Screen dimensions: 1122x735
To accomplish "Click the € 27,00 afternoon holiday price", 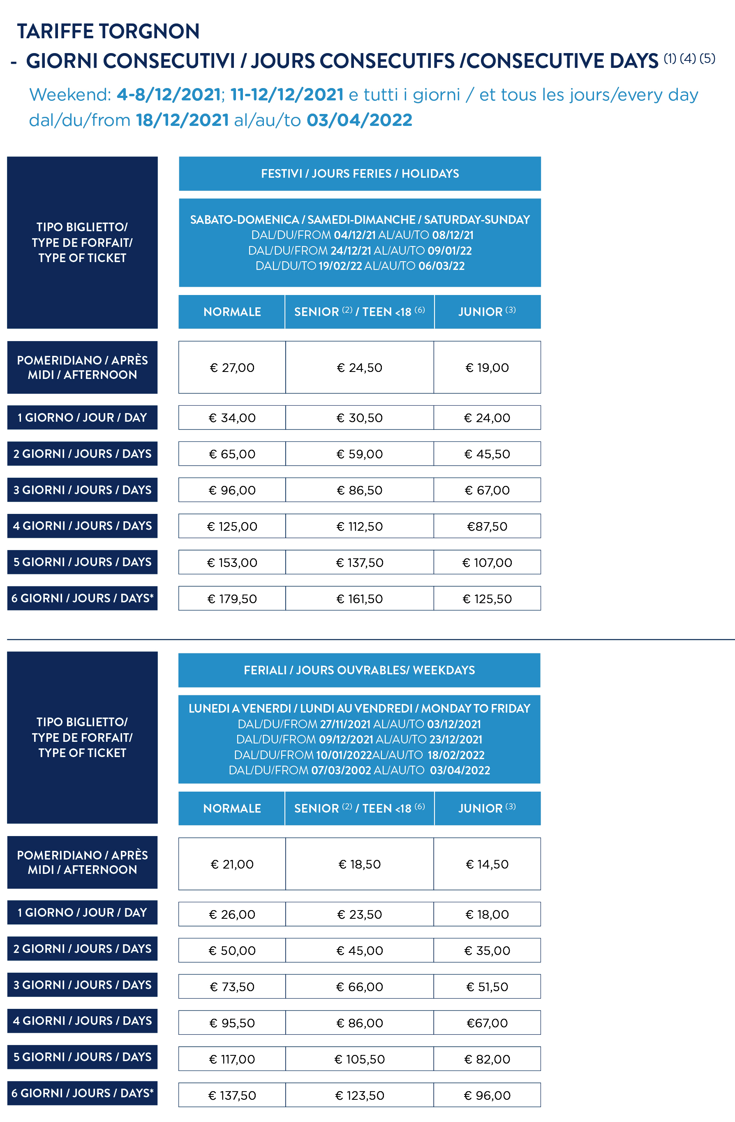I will (x=232, y=368).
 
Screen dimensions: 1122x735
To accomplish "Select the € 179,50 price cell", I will (x=232, y=599).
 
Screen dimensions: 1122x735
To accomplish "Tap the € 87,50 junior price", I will (x=487, y=526).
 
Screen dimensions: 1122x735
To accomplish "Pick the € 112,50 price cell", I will (x=360, y=526).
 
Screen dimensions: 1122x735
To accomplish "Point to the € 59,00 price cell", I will (x=360, y=454).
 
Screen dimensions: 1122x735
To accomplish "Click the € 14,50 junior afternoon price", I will (x=487, y=864).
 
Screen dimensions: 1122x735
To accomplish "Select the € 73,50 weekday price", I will (x=232, y=987).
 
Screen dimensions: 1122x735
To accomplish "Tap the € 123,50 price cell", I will (x=360, y=1095).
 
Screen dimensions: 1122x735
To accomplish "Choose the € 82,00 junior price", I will (x=487, y=1059).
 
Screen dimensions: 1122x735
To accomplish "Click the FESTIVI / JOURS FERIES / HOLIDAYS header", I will (x=360, y=174).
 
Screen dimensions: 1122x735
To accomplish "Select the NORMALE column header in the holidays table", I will (x=232, y=311).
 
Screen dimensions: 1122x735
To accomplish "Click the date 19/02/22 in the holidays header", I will (x=340, y=266).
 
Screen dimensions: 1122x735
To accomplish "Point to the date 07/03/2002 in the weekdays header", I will (x=341, y=770).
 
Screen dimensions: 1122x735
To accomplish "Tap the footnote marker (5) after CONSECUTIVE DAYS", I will (x=707, y=58).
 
